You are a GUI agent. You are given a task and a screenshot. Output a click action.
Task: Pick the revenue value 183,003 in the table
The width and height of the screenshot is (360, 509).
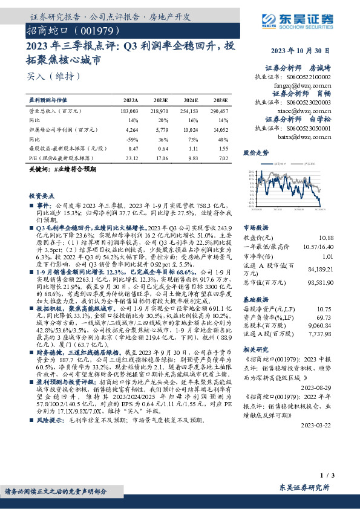tap(130, 112)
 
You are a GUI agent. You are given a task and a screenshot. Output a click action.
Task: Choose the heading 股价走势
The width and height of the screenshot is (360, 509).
tap(255, 154)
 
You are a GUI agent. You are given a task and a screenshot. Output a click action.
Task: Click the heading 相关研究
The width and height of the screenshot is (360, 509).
tap(255, 350)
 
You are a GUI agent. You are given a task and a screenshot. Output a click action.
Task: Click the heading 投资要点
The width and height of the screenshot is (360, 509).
tap(42, 196)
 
